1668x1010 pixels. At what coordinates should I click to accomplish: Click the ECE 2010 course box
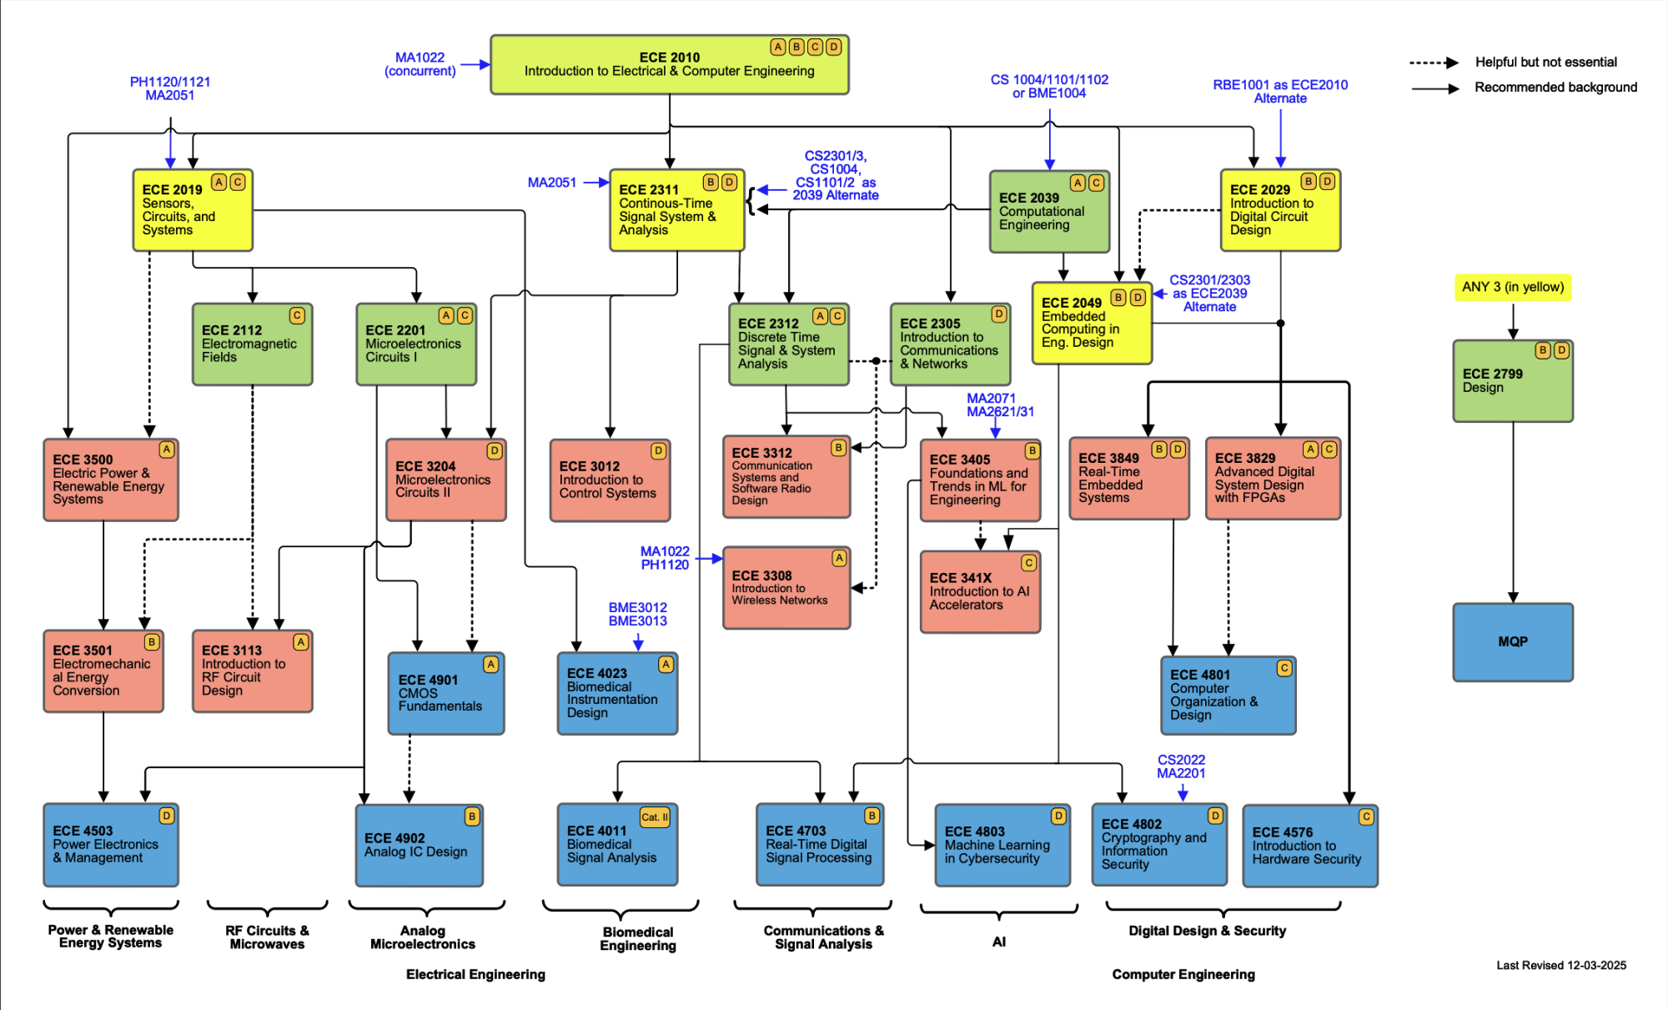pos(669,64)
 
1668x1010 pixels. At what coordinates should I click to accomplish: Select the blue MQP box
pos(1512,642)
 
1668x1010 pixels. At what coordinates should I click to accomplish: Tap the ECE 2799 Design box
pos(1512,381)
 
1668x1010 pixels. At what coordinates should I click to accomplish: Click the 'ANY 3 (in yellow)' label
pos(1512,287)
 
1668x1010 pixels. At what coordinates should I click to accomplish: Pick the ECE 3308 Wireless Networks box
pos(786,588)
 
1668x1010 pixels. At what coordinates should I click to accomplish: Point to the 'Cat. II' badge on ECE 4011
pos(655,817)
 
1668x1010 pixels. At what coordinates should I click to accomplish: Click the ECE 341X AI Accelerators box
pos(980,591)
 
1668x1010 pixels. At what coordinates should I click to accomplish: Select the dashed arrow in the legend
pos(1433,63)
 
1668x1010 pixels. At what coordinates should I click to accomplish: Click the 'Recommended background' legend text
pos(1555,88)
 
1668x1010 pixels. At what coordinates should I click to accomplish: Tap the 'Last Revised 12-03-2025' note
pos(1560,965)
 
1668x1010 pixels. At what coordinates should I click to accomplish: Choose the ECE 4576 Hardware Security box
pos(1309,846)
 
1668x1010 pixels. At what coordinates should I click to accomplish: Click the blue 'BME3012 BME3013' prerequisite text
pos(637,614)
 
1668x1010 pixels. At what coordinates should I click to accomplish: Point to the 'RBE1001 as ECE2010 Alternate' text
pos(1280,91)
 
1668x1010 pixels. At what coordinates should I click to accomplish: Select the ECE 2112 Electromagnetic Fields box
pos(252,344)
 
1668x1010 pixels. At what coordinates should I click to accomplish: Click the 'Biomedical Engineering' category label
pos(638,938)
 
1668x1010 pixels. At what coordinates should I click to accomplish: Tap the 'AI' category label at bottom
pos(998,942)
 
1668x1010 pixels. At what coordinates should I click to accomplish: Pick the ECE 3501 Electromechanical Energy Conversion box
pos(103,671)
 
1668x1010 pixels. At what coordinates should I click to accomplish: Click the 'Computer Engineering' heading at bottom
pos(1183,974)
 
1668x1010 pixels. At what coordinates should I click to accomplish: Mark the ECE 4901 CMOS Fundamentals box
pos(445,693)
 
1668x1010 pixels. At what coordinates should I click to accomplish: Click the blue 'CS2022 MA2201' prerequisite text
pos(1180,766)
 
